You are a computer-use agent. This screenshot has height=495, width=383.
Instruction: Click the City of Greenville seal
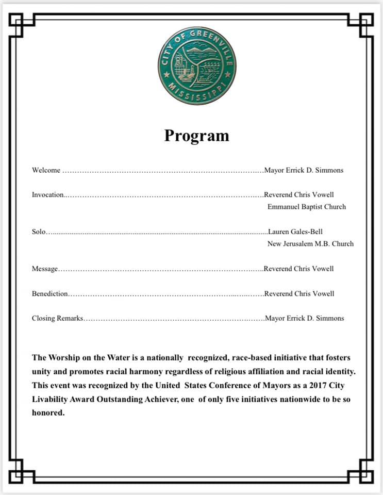tap(197, 65)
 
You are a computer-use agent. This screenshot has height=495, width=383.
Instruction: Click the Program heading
tap(196, 135)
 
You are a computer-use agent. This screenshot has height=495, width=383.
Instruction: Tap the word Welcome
tap(46, 170)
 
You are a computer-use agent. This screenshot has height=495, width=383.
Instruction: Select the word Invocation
tap(47, 195)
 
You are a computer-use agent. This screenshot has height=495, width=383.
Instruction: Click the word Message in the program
tap(45, 269)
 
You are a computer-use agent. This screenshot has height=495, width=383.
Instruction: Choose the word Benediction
tap(49, 293)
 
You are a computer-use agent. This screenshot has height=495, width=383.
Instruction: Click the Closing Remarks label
tap(57, 318)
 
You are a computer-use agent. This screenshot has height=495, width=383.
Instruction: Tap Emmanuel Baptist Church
tap(307, 207)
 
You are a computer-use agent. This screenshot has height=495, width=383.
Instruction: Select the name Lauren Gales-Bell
tap(295, 232)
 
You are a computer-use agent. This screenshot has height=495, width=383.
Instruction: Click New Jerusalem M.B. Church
tap(310, 243)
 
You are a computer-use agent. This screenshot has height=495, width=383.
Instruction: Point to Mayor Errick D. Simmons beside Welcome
tap(304, 170)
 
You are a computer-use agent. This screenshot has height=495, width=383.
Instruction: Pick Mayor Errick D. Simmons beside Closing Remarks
tap(304, 318)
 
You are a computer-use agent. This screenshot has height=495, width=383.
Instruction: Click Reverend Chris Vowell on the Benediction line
tap(299, 293)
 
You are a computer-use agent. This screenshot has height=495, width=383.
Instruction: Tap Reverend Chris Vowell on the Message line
tap(299, 269)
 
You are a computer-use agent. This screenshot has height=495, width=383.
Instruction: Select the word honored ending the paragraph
tap(48, 413)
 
